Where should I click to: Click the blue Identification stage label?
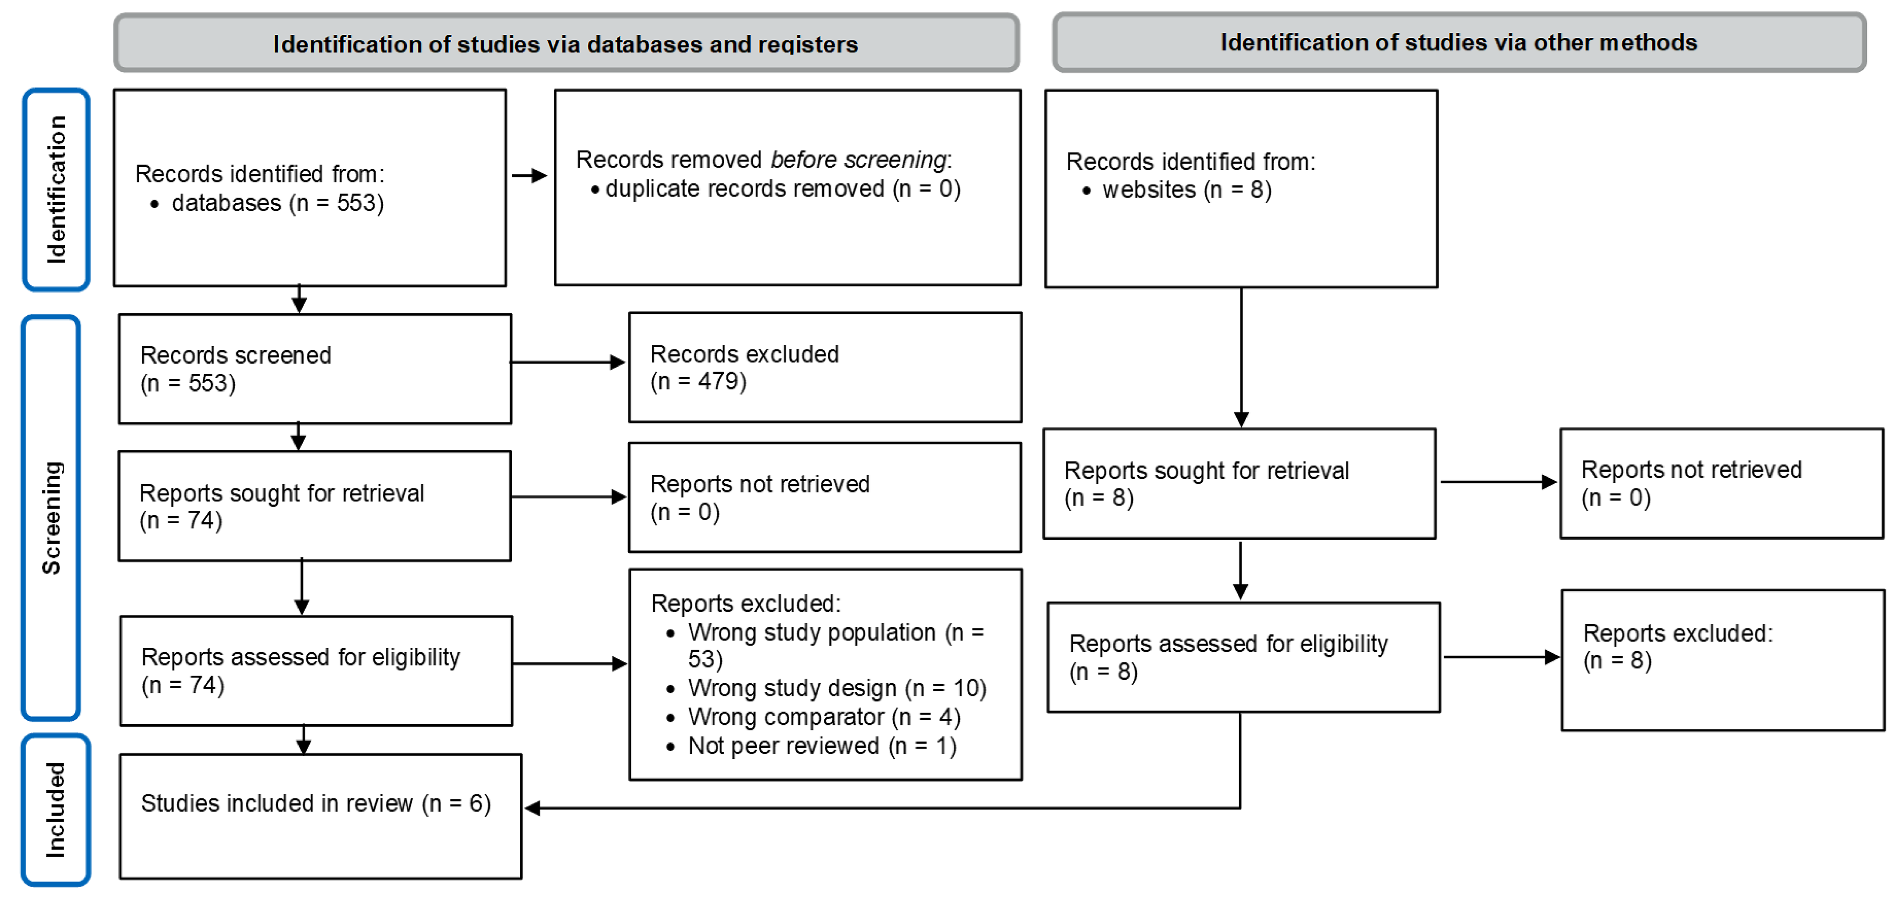click(56, 190)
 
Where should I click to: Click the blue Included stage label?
click(56, 810)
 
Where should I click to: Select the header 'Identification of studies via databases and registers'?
click(566, 44)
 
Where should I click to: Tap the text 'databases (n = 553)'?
click(277, 203)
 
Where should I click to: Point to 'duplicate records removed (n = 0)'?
click(782, 189)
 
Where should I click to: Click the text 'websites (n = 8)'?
click(1186, 190)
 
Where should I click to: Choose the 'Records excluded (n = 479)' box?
click(824, 368)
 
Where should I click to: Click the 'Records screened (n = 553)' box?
click(315, 369)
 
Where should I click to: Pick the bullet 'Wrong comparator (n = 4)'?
click(823, 717)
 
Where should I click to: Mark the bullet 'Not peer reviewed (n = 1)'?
click(821, 746)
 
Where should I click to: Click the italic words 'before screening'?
click(858, 160)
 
